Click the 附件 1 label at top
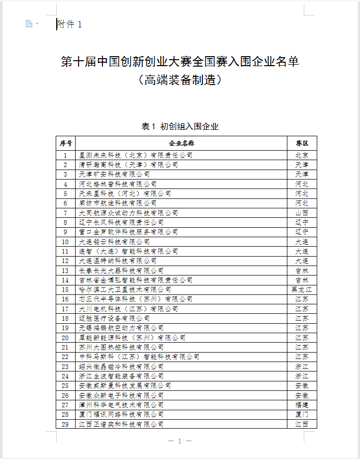70,24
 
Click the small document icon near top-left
29,24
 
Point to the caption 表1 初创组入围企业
180,126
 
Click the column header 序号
66,143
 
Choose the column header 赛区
302,143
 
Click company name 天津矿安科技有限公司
114,174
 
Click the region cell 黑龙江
302,289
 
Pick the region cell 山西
302,213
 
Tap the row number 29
66,424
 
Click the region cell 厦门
302,414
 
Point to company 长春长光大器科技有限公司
121,271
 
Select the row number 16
66,299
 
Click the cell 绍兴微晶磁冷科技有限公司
121,367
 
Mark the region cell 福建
302,405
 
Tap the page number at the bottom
180,441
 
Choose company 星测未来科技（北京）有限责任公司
136,155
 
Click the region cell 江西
302,424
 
